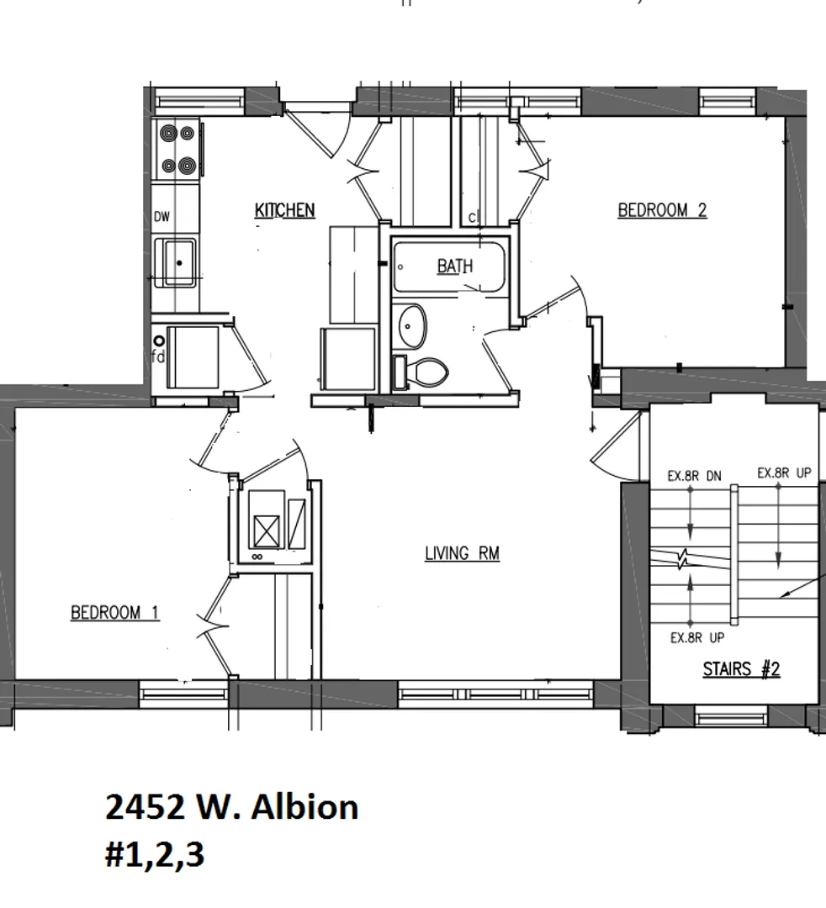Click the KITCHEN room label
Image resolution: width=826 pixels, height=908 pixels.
pos(284,210)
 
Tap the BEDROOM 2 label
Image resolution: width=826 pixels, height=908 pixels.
pos(662,210)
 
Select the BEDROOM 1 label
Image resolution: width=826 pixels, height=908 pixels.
pos(114,612)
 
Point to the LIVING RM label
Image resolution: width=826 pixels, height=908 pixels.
pos(462,553)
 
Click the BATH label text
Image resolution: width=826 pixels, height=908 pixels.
pos(454,267)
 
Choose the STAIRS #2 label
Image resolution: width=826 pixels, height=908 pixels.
pos(741,669)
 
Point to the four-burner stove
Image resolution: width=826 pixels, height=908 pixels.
pos(177,150)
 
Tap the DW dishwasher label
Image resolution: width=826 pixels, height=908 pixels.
pos(161,217)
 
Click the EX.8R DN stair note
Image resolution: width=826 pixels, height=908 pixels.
pos(694,476)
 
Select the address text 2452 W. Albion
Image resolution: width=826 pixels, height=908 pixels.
pos(231,807)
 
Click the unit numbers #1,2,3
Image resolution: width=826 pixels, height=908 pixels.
pos(154,855)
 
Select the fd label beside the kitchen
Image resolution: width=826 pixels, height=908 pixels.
pos(157,356)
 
